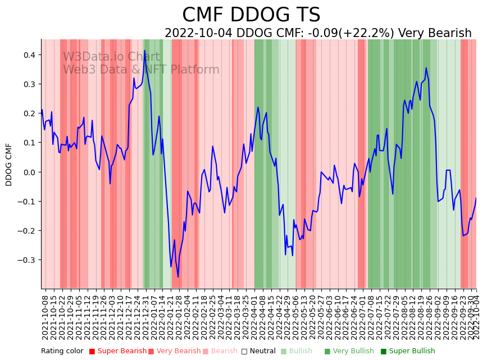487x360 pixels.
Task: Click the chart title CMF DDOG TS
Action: (x=251, y=15)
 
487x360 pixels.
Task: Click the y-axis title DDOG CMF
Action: (x=9, y=164)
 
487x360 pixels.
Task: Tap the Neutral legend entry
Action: (x=259, y=352)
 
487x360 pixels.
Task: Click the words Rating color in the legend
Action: (x=62, y=352)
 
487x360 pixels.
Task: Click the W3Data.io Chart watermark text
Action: (x=111, y=57)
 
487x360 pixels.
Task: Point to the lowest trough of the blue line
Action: (x=178, y=276)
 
